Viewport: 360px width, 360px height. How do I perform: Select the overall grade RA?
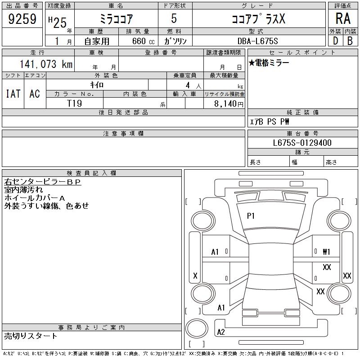[x=343, y=19]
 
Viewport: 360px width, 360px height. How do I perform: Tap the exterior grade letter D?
[x=335, y=40]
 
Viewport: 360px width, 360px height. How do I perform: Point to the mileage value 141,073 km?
[x=45, y=64]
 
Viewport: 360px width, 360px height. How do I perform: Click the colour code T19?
[x=74, y=103]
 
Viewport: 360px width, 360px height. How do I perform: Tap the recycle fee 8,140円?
[x=228, y=103]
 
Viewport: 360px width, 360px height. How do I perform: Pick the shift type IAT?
[x=13, y=94]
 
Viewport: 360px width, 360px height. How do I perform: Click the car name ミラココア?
[x=115, y=19]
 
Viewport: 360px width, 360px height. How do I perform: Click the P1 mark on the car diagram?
[x=251, y=216]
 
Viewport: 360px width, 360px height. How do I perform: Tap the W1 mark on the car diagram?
[x=327, y=252]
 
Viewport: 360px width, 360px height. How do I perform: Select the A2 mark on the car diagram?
[x=221, y=332]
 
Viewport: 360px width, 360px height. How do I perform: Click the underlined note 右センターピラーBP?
[x=42, y=182]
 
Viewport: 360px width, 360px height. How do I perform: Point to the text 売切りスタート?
[x=31, y=336]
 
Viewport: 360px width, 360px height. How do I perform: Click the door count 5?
[x=174, y=19]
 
